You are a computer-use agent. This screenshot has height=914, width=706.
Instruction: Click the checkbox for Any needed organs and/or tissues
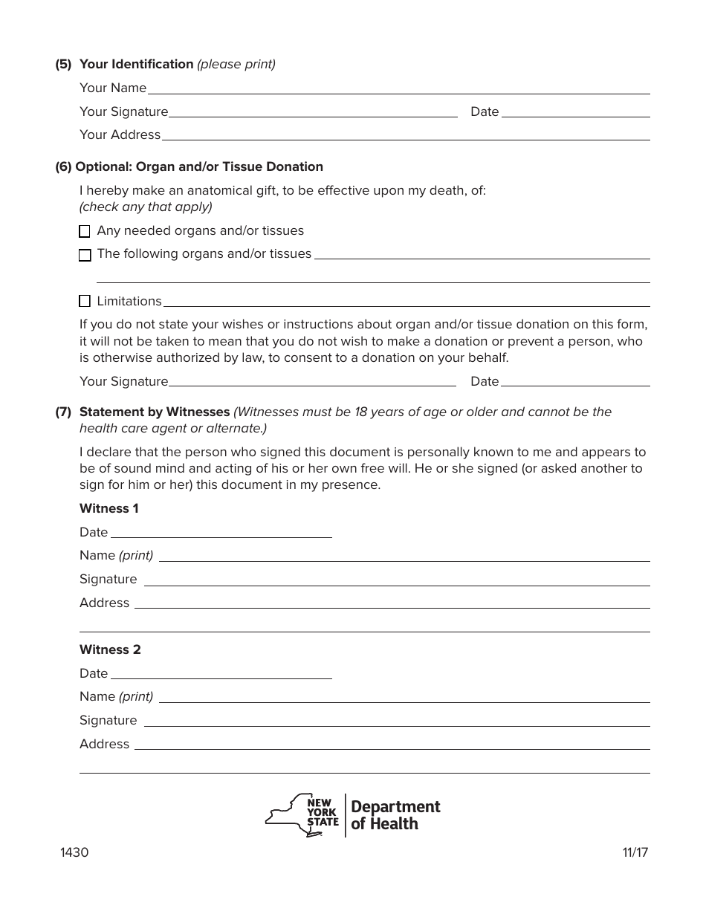(x=85, y=232)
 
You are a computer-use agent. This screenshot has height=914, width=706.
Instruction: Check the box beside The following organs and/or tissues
(x=85, y=255)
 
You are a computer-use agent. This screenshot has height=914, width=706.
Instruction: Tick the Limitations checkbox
(x=85, y=301)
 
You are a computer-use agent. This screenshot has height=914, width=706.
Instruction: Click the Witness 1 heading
(x=109, y=509)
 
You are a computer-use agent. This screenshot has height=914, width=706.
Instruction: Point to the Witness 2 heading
(x=110, y=650)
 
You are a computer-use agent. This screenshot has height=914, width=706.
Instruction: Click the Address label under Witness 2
(x=104, y=745)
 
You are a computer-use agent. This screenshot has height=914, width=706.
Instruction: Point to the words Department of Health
(x=395, y=815)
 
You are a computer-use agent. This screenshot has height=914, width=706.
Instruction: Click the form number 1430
(x=74, y=853)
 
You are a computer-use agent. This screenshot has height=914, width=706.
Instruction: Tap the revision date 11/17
(x=635, y=853)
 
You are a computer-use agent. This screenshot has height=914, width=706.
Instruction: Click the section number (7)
(x=63, y=412)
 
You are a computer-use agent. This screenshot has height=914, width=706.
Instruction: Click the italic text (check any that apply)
(x=146, y=207)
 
